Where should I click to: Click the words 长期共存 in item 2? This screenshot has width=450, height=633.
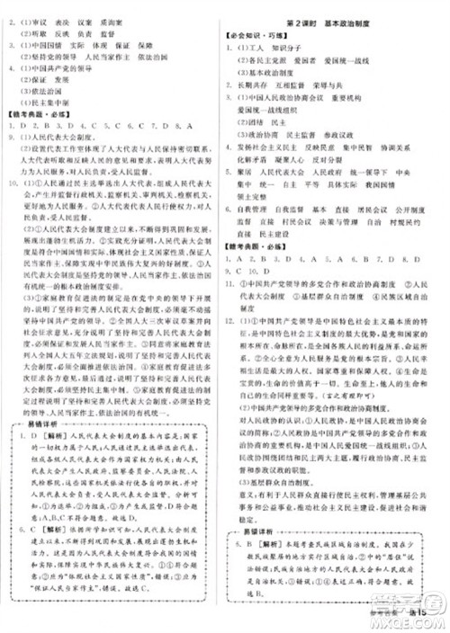point(262,80)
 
